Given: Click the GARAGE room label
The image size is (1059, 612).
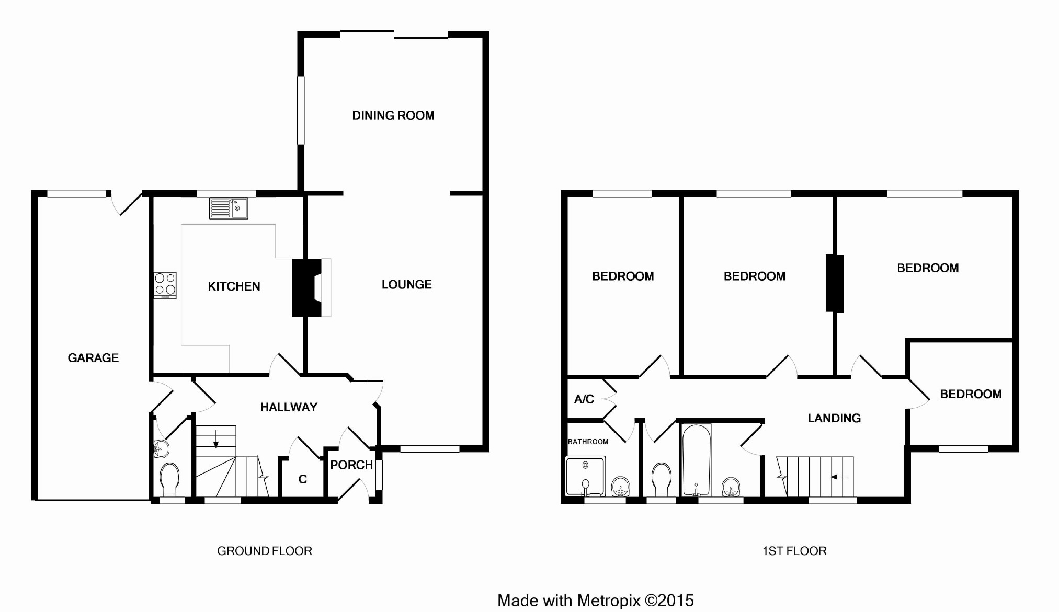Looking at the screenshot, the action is (93, 358).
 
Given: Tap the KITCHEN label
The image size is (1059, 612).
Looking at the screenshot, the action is (234, 286).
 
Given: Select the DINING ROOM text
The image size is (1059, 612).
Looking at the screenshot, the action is (393, 116).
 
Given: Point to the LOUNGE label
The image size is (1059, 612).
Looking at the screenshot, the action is (406, 285).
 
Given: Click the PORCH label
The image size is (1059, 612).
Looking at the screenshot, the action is (351, 465).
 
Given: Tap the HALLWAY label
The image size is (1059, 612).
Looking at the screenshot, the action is (289, 407).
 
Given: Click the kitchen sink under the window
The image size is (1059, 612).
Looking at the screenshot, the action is (229, 208).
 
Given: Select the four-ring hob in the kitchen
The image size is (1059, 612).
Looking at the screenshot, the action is (165, 285).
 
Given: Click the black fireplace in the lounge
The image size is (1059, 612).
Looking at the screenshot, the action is (306, 287).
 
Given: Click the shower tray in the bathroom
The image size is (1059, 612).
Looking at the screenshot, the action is (585, 476).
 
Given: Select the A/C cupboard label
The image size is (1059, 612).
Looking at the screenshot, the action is (584, 399).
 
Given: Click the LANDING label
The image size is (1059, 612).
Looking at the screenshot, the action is (834, 418).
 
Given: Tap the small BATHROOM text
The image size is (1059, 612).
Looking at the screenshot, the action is (588, 442).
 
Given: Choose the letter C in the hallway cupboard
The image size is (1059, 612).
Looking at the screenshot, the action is (302, 479).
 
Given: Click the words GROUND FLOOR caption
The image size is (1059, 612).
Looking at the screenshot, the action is (265, 551).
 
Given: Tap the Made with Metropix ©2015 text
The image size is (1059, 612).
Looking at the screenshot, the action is (596, 601).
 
